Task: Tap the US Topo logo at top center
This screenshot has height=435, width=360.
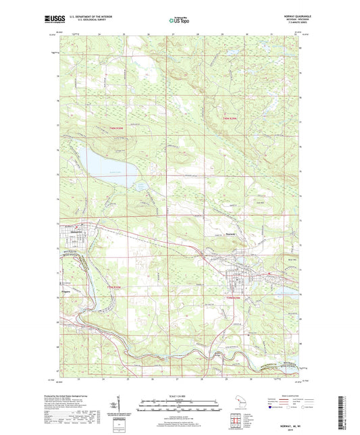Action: tap(178, 21)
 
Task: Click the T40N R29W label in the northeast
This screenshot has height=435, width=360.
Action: tap(231, 119)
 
